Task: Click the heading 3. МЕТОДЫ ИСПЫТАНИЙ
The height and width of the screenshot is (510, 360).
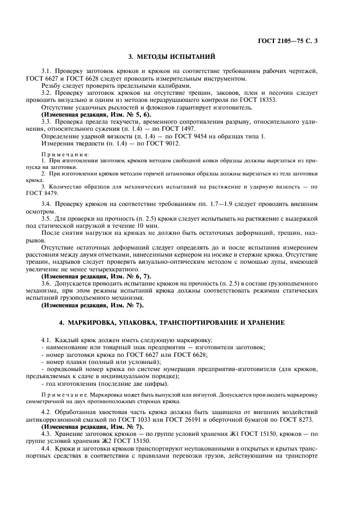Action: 172,57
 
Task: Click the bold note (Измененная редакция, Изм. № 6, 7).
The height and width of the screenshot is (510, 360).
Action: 89,276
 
